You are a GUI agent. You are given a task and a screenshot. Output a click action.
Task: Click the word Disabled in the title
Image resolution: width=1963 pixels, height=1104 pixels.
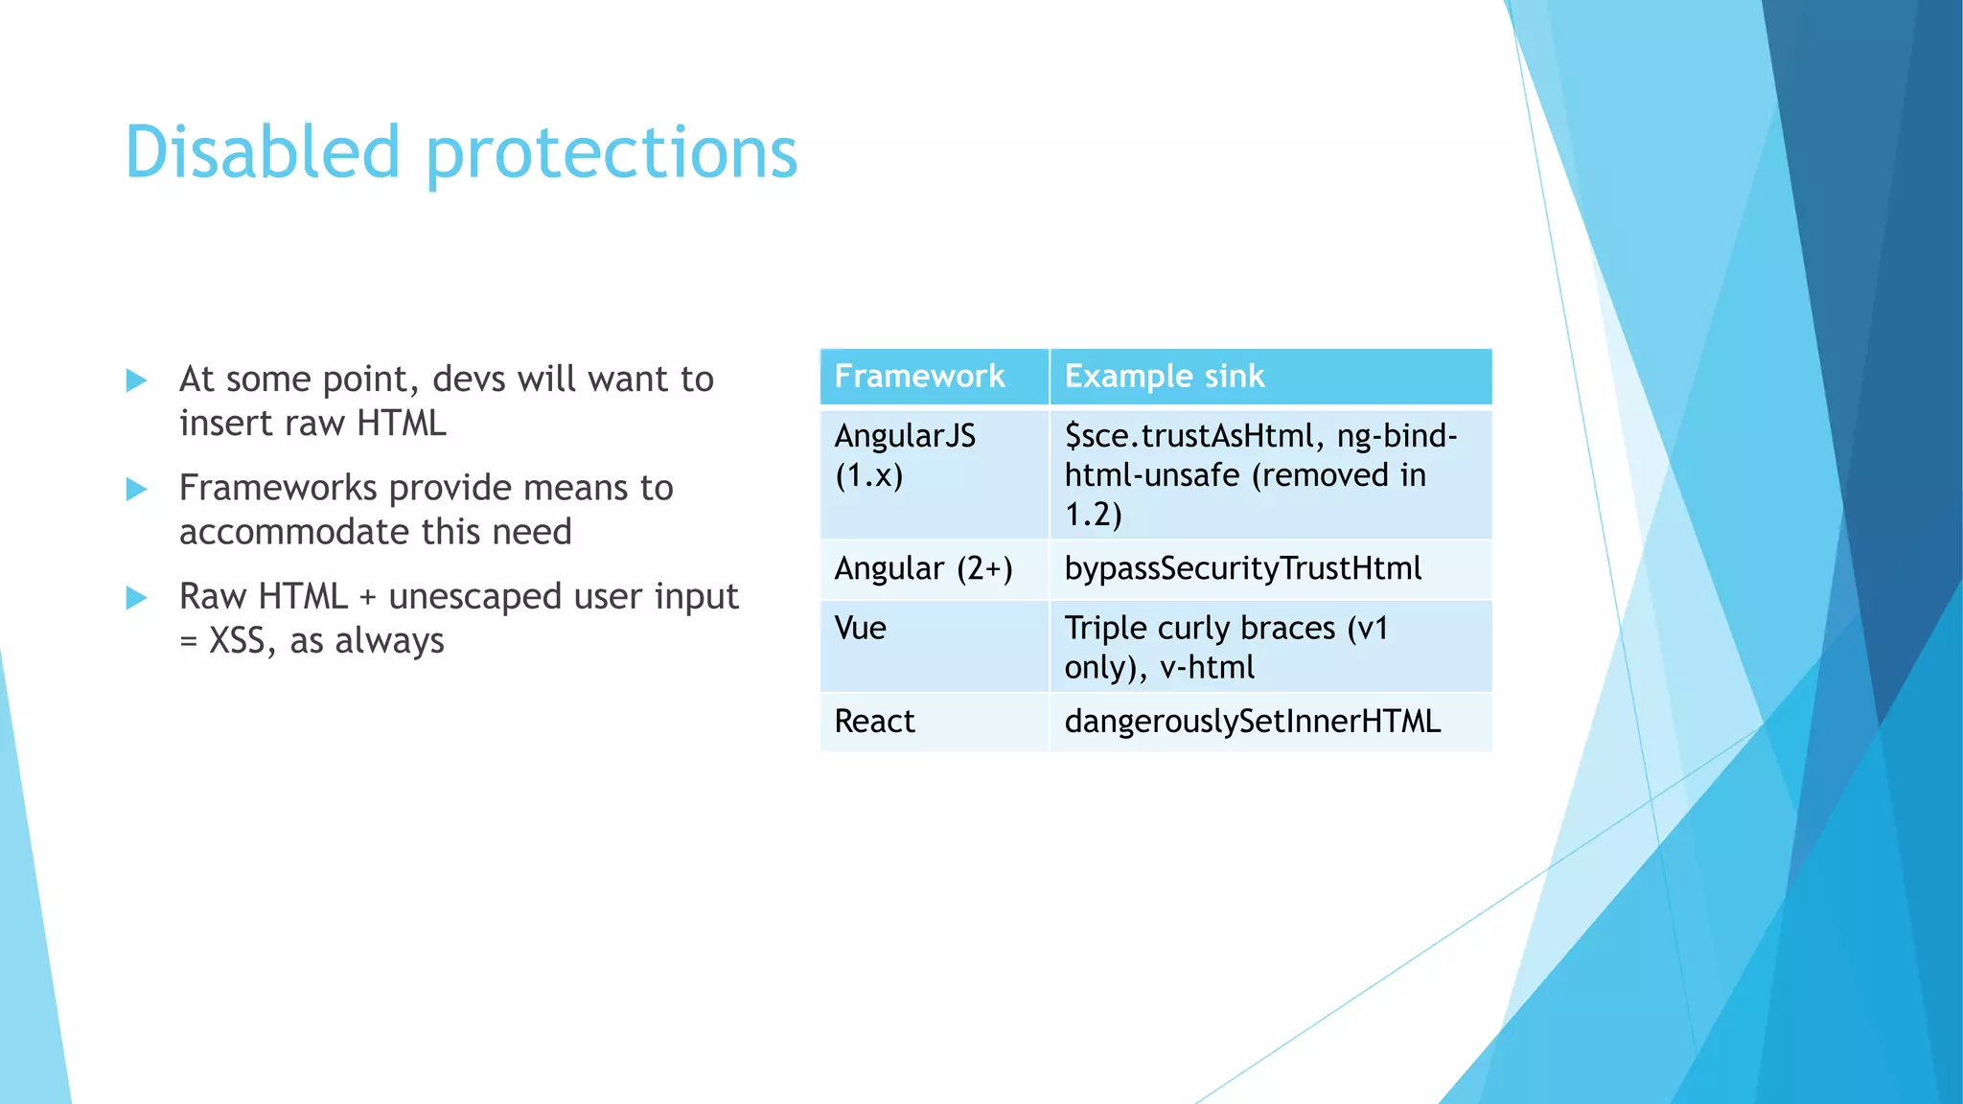click(x=262, y=153)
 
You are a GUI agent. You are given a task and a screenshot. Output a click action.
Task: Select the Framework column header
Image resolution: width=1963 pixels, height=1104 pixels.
click(x=919, y=377)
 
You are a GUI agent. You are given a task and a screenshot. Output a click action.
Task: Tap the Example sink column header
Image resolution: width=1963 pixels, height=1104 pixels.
click(x=1164, y=377)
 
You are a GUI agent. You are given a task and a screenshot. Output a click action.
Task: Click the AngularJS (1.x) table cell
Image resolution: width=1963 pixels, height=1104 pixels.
click(x=904, y=455)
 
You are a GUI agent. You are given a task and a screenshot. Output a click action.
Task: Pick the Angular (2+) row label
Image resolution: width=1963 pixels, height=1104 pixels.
click(x=923, y=569)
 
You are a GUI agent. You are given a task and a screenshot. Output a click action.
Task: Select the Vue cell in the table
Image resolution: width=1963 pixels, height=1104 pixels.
click(x=860, y=629)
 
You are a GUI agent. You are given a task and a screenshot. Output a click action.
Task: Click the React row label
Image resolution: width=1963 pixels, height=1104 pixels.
click(x=874, y=722)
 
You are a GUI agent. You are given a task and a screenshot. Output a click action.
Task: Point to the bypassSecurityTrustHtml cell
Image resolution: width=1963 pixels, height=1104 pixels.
click(x=1242, y=569)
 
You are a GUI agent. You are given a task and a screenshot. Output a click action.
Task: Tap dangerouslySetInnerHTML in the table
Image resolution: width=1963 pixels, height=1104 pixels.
click(x=1252, y=722)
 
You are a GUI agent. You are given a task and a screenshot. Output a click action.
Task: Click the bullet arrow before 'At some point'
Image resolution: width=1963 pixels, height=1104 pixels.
click(x=137, y=380)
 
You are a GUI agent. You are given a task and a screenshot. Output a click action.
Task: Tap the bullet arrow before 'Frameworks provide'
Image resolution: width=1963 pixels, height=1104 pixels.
click(x=137, y=490)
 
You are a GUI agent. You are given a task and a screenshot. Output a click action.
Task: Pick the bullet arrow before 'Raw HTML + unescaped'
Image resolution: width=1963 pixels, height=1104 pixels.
click(x=137, y=598)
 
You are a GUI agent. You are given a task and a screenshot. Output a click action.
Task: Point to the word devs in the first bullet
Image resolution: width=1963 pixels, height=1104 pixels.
click(x=467, y=379)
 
